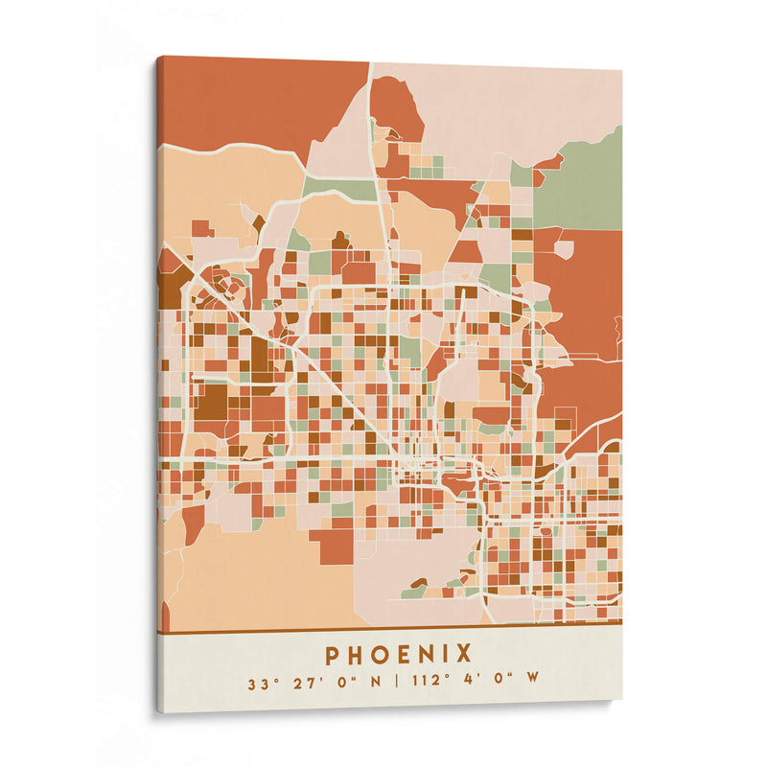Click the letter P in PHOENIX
pyautogui.click(x=332, y=655)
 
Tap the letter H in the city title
pyautogui.click(x=355, y=655)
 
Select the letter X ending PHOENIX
pyautogui.click(x=464, y=655)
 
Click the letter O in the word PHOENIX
pyautogui.click(x=380, y=655)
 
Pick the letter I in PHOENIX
pyautogui.click(x=446, y=655)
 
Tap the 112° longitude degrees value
pyautogui.click(x=430, y=685)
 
